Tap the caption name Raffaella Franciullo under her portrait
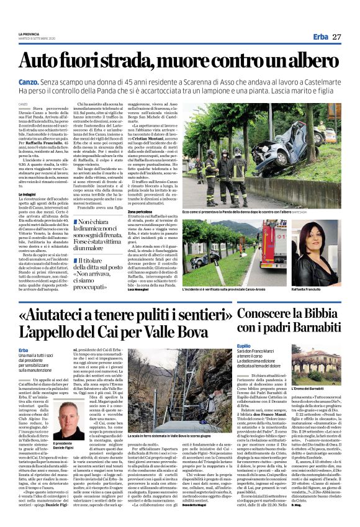314,289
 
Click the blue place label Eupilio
244,345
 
